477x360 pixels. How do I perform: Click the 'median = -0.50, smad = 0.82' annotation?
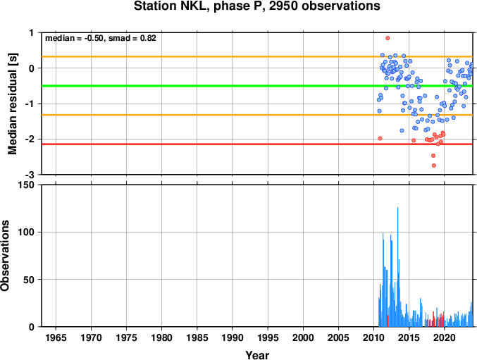[x=101, y=38]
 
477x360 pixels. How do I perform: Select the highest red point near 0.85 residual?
[x=388, y=38]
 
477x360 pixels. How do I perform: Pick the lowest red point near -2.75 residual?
[x=434, y=166]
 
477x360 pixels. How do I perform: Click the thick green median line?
[x=257, y=86]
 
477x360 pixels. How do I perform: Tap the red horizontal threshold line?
[x=257, y=144]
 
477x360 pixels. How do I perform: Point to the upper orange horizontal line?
[x=257, y=57]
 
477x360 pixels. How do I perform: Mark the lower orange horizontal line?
[x=257, y=115]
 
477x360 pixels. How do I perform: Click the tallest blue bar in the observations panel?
[x=397, y=267]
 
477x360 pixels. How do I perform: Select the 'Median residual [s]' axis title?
[x=12, y=104]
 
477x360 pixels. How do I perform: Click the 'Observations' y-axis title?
[x=5, y=256]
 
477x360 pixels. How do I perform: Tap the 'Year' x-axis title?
[x=257, y=355]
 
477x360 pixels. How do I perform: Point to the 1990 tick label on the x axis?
[x=233, y=337]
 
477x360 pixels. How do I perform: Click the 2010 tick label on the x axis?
[x=373, y=337]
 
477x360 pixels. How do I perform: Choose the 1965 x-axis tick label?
[x=56, y=337]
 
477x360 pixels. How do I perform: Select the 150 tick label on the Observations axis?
[x=27, y=185]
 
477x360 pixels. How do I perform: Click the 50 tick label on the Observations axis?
[x=30, y=280]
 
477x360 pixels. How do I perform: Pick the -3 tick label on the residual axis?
[x=31, y=175]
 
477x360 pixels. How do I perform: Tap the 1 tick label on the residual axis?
[x=32, y=32]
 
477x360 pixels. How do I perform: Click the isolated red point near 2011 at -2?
[x=380, y=138]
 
